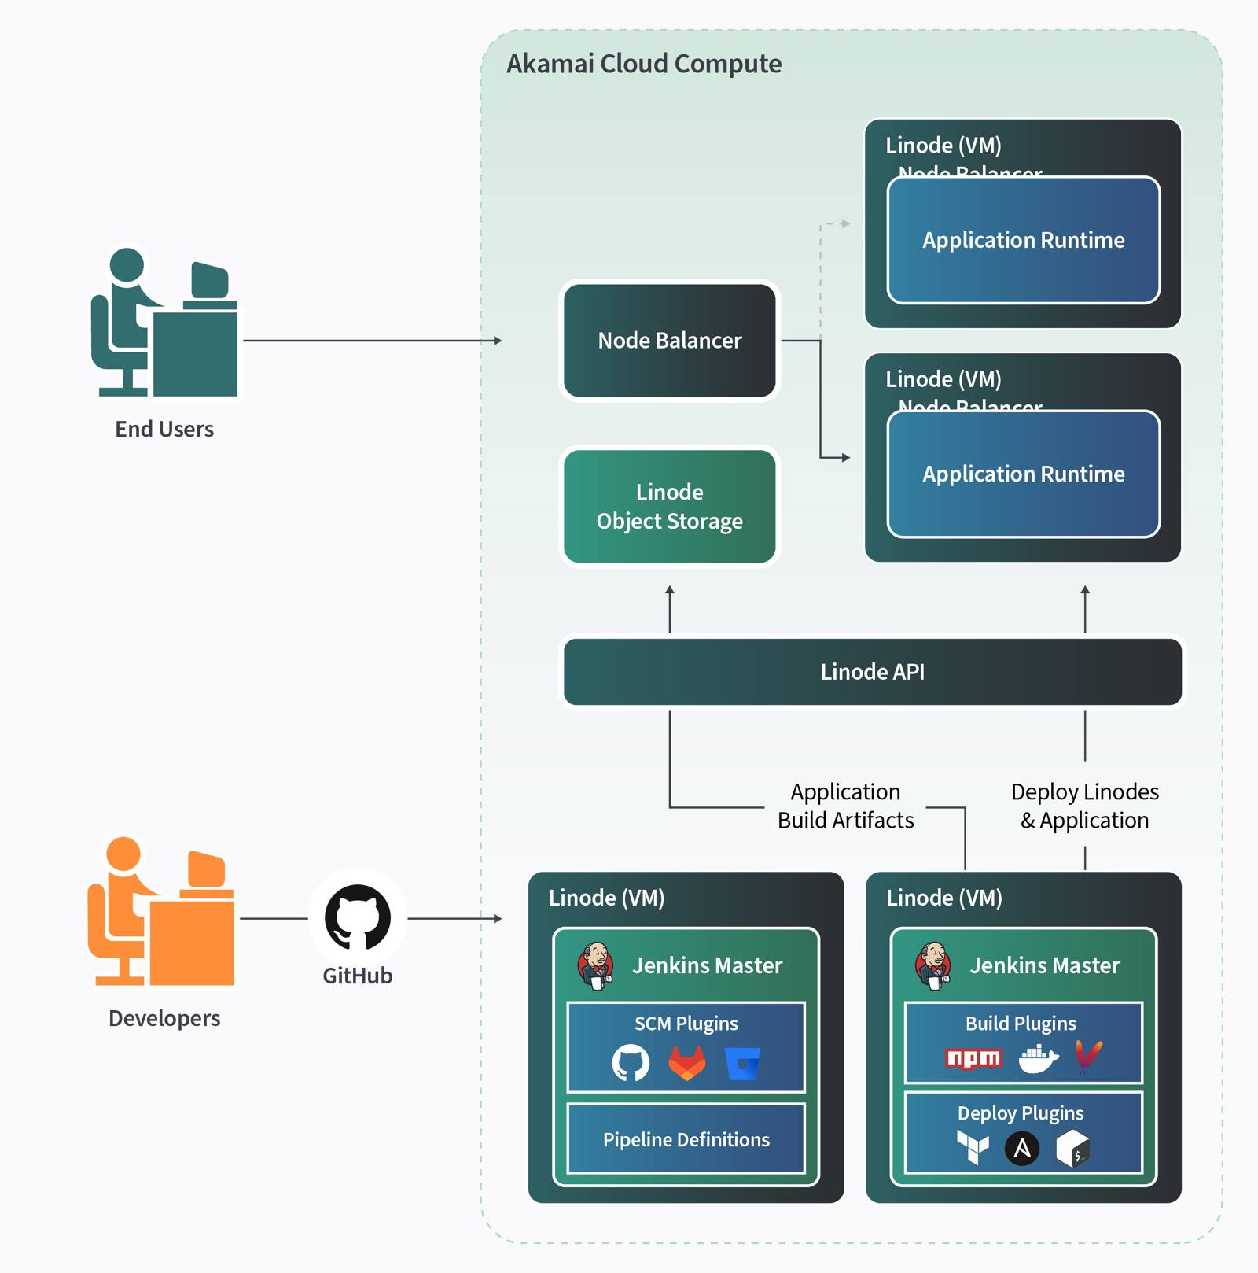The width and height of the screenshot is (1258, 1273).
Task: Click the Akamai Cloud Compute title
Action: [x=643, y=64]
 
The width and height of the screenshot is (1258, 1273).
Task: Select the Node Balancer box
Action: [x=669, y=341]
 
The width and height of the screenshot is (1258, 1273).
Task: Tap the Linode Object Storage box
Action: [x=669, y=507]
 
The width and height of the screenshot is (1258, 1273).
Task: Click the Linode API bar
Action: [x=872, y=672]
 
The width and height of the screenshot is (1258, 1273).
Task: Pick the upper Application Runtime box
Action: [x=1023, y=240]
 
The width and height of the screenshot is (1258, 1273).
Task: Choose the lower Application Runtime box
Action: [x=1023, y=474]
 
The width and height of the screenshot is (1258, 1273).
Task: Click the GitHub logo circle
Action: [x=358, y=917]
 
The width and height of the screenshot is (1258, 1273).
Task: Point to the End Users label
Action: [x=164, y=429]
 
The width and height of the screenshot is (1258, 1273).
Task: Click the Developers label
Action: [x=164, y=1018]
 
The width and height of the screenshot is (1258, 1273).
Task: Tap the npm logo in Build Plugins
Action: [x=973, y=1058]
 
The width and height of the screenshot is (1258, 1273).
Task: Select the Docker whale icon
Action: [x=1038, y=1059]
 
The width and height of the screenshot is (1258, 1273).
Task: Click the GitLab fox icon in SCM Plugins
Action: [x=687, y=1063]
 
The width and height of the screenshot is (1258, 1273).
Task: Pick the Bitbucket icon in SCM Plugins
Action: [x=742, y=1064]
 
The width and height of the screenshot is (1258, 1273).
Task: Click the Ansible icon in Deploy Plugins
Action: [x=1021, y=1149]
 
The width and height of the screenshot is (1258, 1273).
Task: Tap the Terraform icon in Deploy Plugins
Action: [x=972, y=1147]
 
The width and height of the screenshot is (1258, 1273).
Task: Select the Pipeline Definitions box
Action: [x=686, y=1139]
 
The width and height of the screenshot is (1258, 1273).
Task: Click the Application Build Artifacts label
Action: [x=845, y=806]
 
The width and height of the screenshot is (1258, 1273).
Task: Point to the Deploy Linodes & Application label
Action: [x=1084, y=806]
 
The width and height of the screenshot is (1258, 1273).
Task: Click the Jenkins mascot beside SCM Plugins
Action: [x=595, y=966]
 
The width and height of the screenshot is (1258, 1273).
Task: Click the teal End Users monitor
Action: [x=209, y=281]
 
